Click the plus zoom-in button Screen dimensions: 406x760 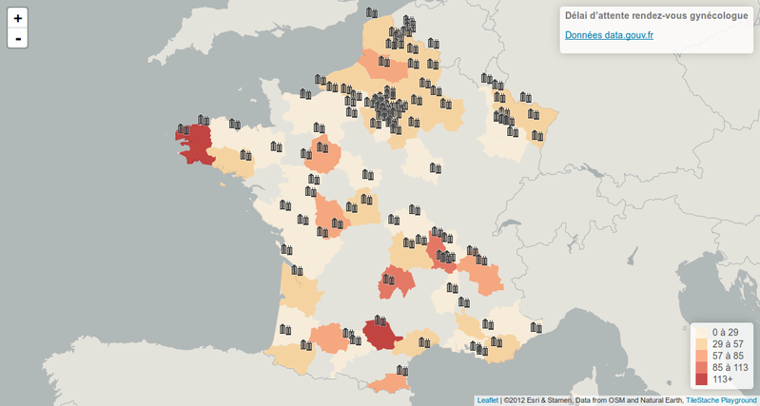coord(17,18)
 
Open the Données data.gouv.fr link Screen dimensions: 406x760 coord(609,35)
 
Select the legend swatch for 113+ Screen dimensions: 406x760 coord(702,378)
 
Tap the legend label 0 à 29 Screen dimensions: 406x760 coord(726,333)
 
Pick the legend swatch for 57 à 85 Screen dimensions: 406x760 coord(702,356)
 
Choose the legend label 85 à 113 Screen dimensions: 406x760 coord(731,367)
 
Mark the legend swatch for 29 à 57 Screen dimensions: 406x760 coord(702,344)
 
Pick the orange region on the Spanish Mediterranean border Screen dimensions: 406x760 coord(390,383)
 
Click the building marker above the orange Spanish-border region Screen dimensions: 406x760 coord(402,370)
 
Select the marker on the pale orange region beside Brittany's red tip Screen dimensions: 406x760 coord(246,156)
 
